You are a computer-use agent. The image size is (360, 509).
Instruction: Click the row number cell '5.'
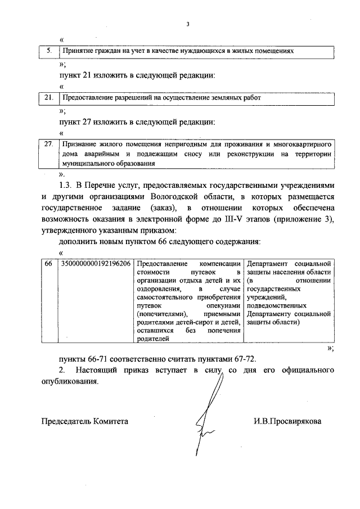pos(49,51)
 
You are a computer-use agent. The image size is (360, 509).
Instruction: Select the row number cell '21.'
pos(49,97)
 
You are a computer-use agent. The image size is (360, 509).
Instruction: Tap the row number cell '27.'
pos(49,144)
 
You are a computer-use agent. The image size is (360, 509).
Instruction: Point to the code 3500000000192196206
pos(96,264)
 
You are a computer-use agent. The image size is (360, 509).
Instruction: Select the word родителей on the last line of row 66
pos(152,339)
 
